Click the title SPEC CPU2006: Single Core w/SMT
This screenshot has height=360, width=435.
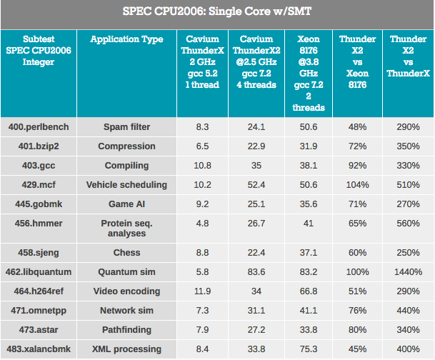pos(217,11)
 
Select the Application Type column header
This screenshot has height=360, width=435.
pos(126,40)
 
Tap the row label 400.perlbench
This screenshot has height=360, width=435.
pos(39,127)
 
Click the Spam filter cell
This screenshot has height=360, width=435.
pos(126,127)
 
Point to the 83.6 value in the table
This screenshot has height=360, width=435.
pos(255,272)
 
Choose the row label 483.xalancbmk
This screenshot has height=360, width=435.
pos(39,349)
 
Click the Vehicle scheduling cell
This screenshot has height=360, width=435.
pos(126,185)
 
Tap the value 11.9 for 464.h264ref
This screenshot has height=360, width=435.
pos(203,291)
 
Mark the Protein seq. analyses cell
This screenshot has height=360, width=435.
pos(126,229)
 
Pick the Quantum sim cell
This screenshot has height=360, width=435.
pos(126,272)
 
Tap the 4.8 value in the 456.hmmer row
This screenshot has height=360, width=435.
pos(203,224)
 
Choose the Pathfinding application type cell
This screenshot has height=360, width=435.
pos(126,330)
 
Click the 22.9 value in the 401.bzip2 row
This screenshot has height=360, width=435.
pos(255,146)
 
